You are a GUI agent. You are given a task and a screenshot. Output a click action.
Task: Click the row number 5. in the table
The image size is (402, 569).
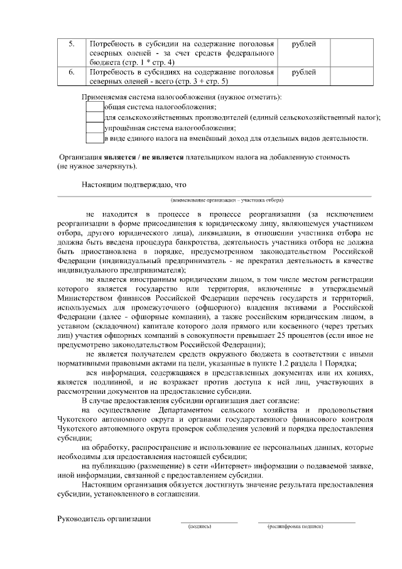point(72,44)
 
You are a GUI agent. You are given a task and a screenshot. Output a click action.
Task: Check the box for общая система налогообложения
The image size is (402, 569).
point(94,107)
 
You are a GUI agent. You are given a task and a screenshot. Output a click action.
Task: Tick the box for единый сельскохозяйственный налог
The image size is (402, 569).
point(94,117)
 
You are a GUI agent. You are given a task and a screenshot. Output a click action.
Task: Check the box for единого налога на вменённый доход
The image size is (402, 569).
point(94,138)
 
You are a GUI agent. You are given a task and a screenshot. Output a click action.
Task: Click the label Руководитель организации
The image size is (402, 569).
point(104,519)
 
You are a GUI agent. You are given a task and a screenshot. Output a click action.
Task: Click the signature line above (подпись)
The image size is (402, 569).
point(209,521)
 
